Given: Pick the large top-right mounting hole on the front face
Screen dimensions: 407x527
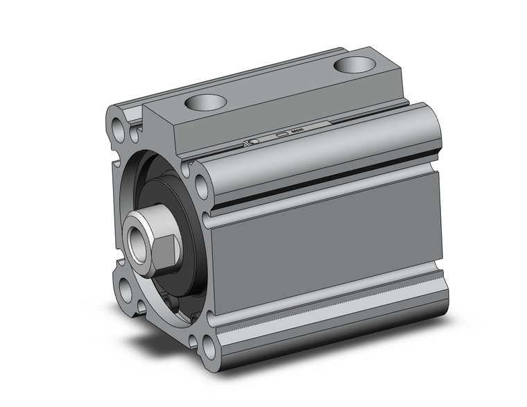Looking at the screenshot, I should pos(201,186).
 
